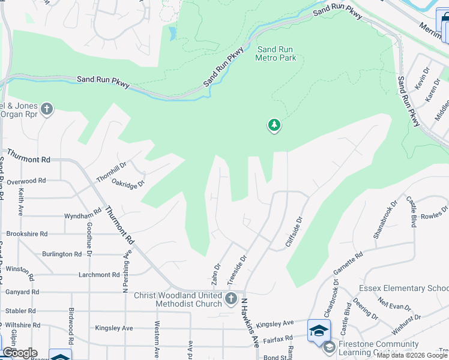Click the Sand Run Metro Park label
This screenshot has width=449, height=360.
point(276,54)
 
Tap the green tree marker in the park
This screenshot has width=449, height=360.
point(274,125)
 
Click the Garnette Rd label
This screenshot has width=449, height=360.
point(348,264)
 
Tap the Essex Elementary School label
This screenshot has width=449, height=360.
point(404,289)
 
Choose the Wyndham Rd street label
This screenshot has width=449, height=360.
point(83,215)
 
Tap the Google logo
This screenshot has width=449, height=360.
point(20,353)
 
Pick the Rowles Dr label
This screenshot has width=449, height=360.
point(435,214)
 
